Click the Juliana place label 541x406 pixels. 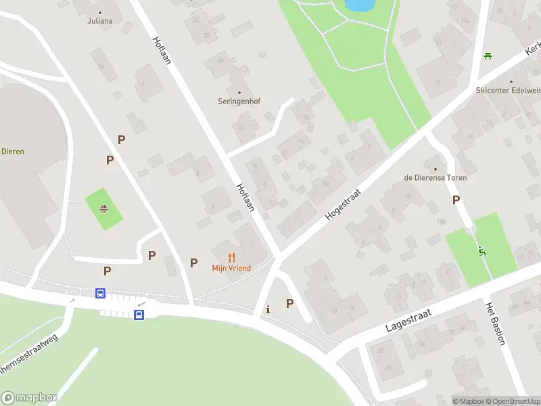pyautogui.click(x=99, y=21)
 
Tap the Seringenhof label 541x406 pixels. pyautogui.click(x=239, y=101)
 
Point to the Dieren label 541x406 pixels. pyautogui.click(x=12, y=152)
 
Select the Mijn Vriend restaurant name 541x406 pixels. pyautogui.click(x=231, y=268)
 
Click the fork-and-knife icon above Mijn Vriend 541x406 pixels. pyautogui.click(x=231, y=257)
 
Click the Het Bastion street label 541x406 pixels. pyautogui.click(x=495, y=323)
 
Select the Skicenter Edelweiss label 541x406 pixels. pyautogui.click(x=508, y=90)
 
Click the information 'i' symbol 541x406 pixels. pyautogui.click(x=268, y=309)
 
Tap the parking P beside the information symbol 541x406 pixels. pyautogui.click(x=289, y=304)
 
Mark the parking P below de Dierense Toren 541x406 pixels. pyautogui.click(x=456, y=200)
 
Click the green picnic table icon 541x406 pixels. pyautogui.click(x=487, y=55)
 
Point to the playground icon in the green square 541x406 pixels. pyautogui.click(x=103, y=209)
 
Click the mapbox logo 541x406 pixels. pyautogui.click(x=30, y=398)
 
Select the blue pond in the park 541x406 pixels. pyautogui.click(x=359, y=5)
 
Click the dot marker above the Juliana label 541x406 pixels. pyautogui.click(x=100, y=12)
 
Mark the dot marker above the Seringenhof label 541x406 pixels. pyautogui.click(x=239, y=92)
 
